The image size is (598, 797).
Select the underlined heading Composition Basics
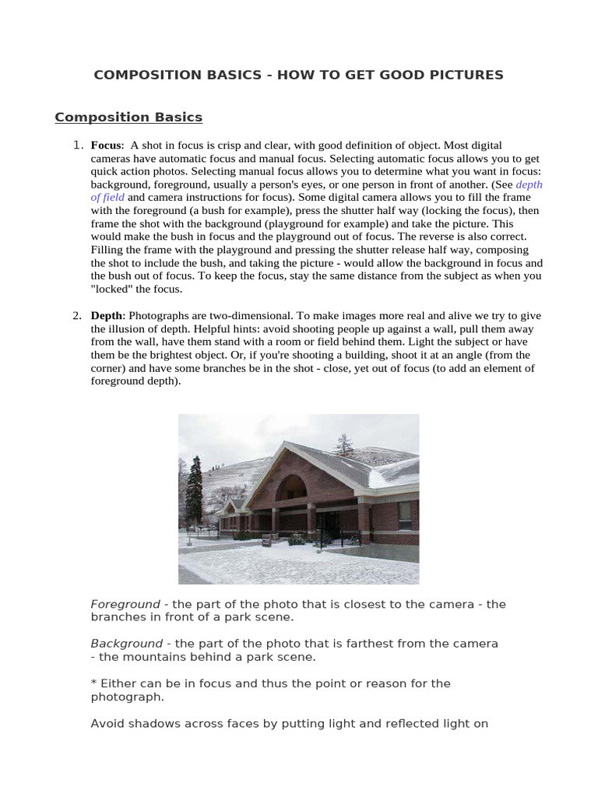click(128, 118)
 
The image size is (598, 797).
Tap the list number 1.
click(77, 145)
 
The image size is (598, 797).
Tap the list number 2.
click(77, 315)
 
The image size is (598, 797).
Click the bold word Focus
click(106, 146)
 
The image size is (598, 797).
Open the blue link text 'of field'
click(107, 198)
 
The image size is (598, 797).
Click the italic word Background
click(126, 644)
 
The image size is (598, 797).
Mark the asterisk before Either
click(93, 683)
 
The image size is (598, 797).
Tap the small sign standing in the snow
click(267, 542)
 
